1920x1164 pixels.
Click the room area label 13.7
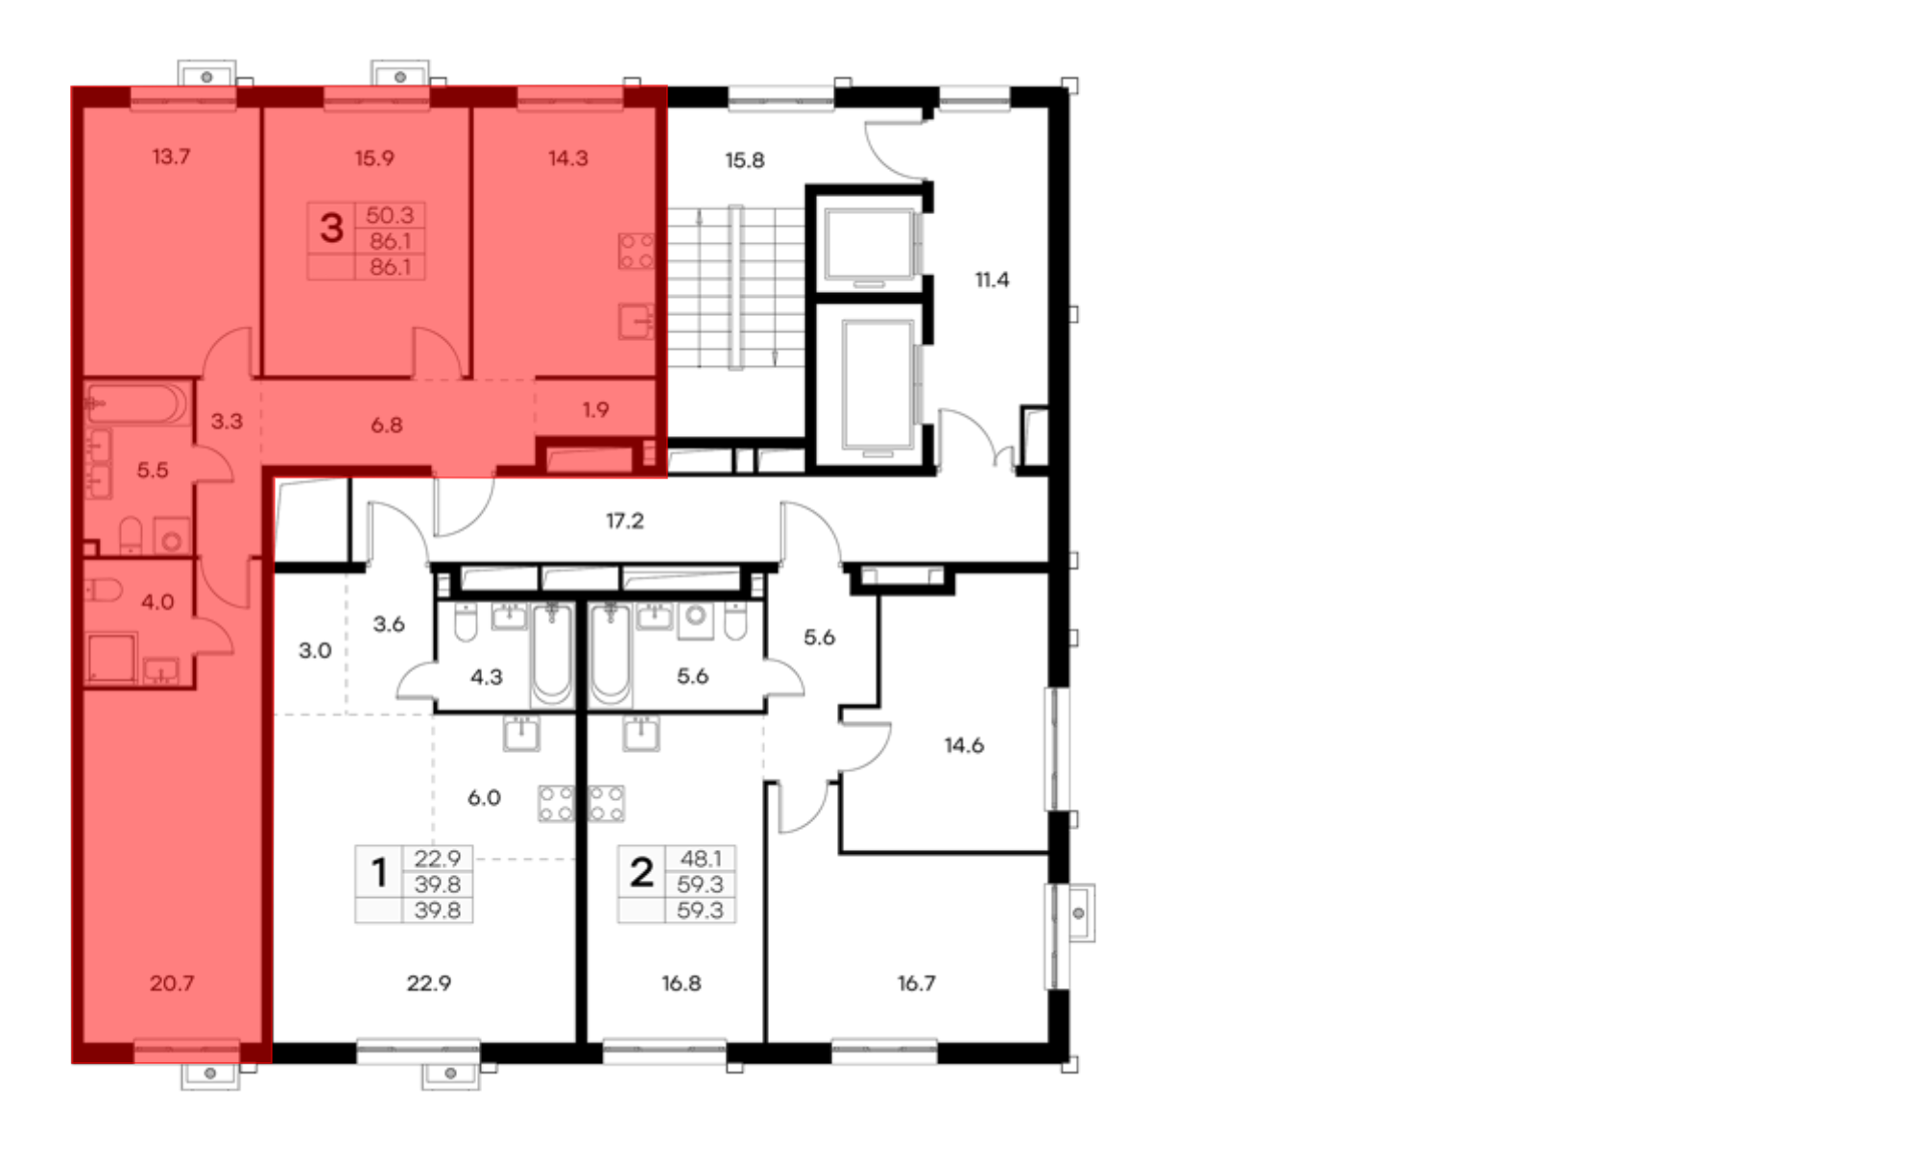click(171, 157)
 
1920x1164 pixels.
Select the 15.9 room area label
click(374, 158)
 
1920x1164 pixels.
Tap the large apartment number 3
click(331, 229)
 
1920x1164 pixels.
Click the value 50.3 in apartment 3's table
click(390, 215)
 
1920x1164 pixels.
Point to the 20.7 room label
click(172, 983)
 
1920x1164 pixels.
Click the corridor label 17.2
click(625, 521)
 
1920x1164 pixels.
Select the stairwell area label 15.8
click(745, 160)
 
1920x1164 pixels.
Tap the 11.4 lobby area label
click(992, 280)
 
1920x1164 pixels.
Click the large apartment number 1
click(379, 873)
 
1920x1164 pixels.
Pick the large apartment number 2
click(641, 873)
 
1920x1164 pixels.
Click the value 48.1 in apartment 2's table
click(701, 859)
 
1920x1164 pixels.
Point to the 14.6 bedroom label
click(964, 745)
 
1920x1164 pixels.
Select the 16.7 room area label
click(917, 983)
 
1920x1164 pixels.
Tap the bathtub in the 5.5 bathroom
click(136, 403)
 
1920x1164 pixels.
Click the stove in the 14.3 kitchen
click(636, 251)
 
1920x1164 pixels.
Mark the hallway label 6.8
click(387, 425)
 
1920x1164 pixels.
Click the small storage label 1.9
click(595, 410)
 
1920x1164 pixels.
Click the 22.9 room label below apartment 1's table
click(429, 983)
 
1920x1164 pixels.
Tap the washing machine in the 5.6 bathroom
click(696, 620)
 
